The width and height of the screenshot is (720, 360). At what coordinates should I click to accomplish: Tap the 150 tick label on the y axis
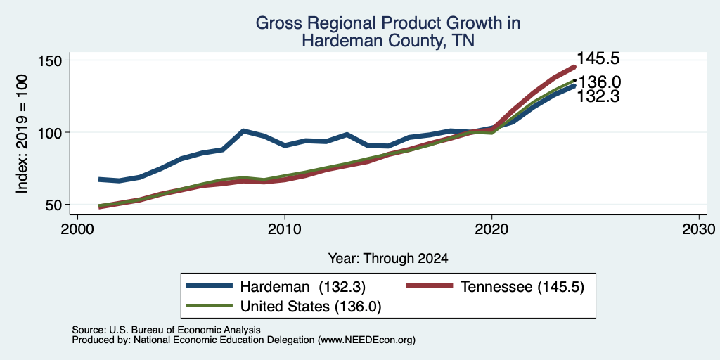coord(51,60)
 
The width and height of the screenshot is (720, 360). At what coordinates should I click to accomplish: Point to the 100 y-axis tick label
coord(51,132)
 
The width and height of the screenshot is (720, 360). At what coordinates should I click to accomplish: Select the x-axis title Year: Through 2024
coord(388,259)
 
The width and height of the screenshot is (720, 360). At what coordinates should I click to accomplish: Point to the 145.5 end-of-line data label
coord(598,58)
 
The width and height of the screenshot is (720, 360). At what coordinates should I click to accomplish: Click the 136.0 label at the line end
coord(600,83)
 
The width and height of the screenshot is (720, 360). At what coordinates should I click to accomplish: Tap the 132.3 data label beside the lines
coord(598,96)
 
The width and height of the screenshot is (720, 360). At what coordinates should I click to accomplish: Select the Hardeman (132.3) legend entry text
coord(302,287)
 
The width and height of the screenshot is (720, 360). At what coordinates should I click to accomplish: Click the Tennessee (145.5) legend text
coord(522,287)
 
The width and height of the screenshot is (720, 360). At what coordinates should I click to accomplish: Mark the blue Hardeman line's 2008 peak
coord(243,131)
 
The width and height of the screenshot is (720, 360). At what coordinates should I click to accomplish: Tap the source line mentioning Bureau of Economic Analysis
coord(166,330)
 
